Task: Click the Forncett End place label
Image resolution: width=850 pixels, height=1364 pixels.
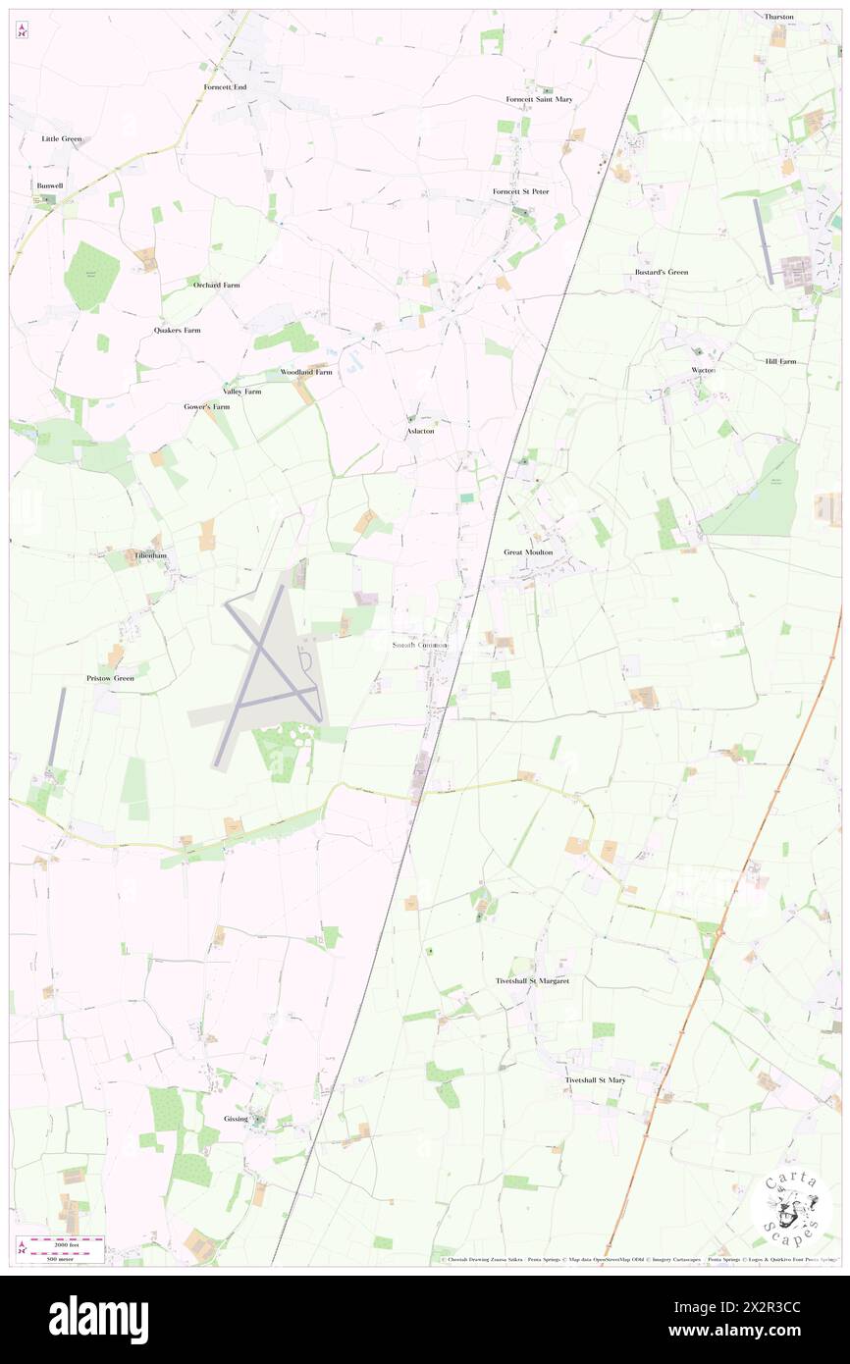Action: (225, 87)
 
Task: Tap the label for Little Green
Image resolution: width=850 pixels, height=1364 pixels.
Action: (62, 139)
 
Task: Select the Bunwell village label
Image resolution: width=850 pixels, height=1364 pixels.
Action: (49, 185)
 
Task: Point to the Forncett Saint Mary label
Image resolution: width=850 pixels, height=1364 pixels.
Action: (539, 99)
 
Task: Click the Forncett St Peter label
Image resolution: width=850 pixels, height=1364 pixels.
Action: (520, 191)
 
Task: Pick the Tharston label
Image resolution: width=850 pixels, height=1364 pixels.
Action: (779, 17)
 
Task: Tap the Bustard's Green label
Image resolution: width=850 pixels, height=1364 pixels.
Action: (661, 272)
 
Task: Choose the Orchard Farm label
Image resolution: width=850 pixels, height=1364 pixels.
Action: (216, 285)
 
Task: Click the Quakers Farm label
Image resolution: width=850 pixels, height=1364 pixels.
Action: (177, 331)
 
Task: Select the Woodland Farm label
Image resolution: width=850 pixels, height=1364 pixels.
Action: (306, 373)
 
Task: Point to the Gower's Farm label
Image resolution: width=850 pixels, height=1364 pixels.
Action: (206, 406)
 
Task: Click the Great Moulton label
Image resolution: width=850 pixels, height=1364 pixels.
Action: (528, 552)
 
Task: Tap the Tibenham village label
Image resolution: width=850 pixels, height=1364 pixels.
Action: (150, 555)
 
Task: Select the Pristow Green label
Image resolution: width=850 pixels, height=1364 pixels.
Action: (109, 678)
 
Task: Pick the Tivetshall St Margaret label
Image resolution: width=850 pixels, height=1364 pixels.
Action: (531, 980)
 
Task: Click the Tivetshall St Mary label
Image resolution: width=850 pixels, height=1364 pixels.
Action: (595, 1080)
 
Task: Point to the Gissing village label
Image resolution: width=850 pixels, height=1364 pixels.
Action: (236, 1119)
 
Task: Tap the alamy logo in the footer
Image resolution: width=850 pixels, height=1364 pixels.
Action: (98, 1320)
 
